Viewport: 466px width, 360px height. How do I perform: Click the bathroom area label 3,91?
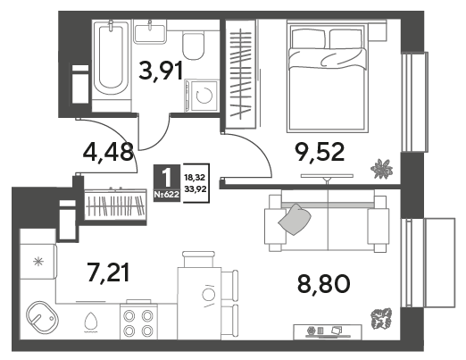click(x=161, y=71)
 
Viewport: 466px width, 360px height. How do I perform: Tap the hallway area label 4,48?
click(x=108, y=152)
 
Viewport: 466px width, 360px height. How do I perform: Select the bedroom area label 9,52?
click(x=320, y=152)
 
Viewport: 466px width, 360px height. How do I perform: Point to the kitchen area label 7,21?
click(x=108, y=272)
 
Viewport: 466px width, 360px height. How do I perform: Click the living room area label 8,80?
click(x=323, y=284)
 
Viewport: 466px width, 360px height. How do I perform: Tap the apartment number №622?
click(x=167, y=195)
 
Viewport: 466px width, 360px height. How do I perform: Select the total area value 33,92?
click(x=196, y=188)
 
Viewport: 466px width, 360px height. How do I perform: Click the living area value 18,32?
click(x=195, y=178)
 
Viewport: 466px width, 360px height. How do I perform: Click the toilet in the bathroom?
click(x=194, y=46)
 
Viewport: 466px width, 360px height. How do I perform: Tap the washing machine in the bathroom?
click(x=202, y=96)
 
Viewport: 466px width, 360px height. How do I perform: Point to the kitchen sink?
click(x=42, y=317)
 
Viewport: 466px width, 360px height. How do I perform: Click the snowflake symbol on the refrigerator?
click(x=38, y=262)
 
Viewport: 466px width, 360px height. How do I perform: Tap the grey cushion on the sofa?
click(x=295, y=219)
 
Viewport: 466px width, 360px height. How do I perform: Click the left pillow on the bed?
click(x=308, y=38)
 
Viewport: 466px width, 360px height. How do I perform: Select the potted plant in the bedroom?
click(x=381, y=169)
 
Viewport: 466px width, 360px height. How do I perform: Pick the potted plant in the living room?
click(x=381, y=319)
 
